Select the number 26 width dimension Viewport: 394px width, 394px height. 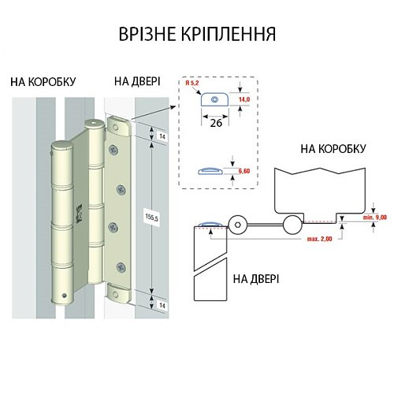click(214, 123)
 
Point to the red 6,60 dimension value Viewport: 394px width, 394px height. click(245, 171)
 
